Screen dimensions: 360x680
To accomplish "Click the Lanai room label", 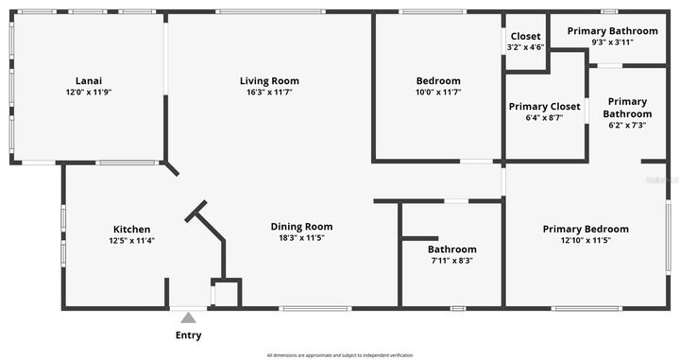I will (89, 80).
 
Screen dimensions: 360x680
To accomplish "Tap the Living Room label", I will (269, 80).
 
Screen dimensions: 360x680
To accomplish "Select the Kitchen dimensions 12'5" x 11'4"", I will (132, 241).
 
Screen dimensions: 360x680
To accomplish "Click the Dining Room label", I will (301, 226).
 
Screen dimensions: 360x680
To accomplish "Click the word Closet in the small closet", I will (525, 36).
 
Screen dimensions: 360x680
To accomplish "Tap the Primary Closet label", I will (544, 107).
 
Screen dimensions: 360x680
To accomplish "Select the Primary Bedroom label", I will (586, 229).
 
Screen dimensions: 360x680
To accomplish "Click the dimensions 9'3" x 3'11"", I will (612, 43).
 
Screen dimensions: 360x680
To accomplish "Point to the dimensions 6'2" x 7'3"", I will (627, 126).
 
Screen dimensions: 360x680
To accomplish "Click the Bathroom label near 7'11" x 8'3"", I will (438, 249).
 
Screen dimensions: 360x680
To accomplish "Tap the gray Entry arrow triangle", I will (188, 317).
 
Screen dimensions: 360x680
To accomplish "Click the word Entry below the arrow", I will (188, 335).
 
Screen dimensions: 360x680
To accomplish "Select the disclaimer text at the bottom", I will (339, 354).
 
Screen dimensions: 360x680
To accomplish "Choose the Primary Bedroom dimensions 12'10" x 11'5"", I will (586, 241).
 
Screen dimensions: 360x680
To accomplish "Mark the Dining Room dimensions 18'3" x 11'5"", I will (301, 238).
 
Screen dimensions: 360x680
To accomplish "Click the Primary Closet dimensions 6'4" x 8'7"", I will (544, 118).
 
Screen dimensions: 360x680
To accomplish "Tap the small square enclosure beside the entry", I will (227, 293).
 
